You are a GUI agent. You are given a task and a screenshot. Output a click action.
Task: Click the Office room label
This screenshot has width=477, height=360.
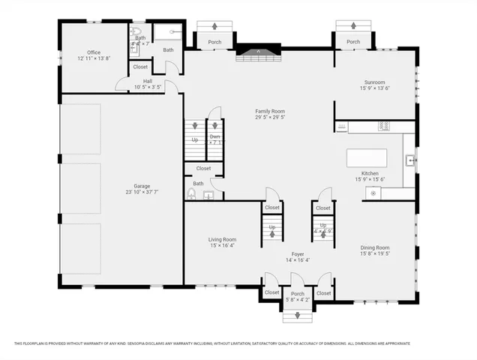coord(94,52)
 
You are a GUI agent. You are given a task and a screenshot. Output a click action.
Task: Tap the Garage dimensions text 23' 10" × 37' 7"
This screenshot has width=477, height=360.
coord(142,193)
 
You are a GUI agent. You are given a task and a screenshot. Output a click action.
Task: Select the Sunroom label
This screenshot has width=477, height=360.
coord(374,82)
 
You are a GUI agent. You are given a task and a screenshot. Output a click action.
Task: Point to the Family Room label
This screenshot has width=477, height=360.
coord(270,112)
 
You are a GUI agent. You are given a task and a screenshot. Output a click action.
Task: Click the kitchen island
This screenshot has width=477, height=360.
coord(367,158)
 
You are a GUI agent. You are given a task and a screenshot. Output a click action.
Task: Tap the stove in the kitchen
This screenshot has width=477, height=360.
coord(385,126)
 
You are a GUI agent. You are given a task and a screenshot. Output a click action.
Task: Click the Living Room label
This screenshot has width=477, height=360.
coord(222,239)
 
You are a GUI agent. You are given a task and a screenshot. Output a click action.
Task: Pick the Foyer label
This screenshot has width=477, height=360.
coord(298,253)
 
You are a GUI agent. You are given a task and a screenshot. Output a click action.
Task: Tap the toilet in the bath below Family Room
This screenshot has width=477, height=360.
coord(191,194)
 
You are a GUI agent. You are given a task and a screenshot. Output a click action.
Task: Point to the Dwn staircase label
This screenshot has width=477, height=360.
coord(214,136)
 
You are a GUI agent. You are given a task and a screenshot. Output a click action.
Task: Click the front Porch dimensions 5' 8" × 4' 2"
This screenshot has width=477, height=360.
coord(298,300)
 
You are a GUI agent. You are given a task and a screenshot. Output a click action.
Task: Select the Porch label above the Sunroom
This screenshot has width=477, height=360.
coord(353,41)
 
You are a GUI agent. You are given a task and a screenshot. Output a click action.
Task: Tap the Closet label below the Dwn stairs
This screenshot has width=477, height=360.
coord(203,168)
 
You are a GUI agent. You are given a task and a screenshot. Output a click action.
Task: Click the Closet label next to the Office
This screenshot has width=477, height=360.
coord(140,67)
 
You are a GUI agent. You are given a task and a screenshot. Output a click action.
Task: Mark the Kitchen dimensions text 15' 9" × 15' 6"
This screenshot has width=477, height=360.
coord(370,179)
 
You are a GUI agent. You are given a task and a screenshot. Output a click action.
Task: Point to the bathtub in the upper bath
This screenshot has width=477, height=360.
coord(168,32)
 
